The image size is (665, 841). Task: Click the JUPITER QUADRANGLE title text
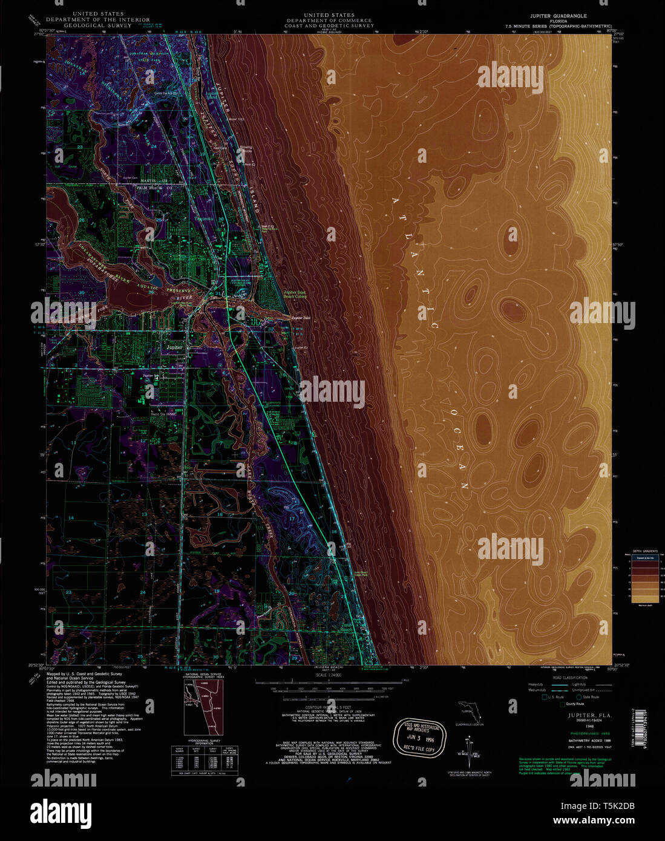click(559, 16)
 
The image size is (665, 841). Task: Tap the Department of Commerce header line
click(329, 20)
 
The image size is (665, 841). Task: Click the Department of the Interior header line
click(97, 20)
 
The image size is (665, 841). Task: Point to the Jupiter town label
click(174, 348)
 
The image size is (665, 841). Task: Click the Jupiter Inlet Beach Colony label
click(295, 295)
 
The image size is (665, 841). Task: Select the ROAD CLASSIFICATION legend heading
click(566, 678)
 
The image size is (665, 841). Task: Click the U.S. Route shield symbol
click(544, 697)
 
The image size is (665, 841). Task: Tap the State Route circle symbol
click(578, 697)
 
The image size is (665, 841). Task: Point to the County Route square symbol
click(562, 704)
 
